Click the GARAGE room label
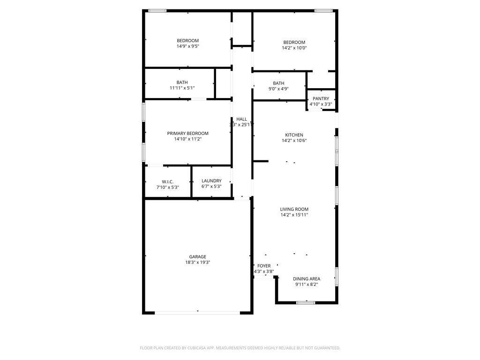(197, 257)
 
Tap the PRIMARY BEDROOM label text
(187, 134)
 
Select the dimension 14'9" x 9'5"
(187, 46)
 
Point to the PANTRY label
(321, 99)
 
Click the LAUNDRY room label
(211, 181)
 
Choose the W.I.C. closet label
(168, 181)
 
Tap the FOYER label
(264, 266)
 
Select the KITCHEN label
(294, 135)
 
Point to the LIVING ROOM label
(294, 210)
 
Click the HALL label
(241, 119)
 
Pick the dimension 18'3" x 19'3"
(197, 263)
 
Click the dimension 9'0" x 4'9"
(278, 89)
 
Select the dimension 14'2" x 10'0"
(294, 48)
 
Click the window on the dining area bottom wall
(306, 303)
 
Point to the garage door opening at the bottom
(197, 312)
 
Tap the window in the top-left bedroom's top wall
(157, 11)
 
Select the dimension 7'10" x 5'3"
(168, 187)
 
